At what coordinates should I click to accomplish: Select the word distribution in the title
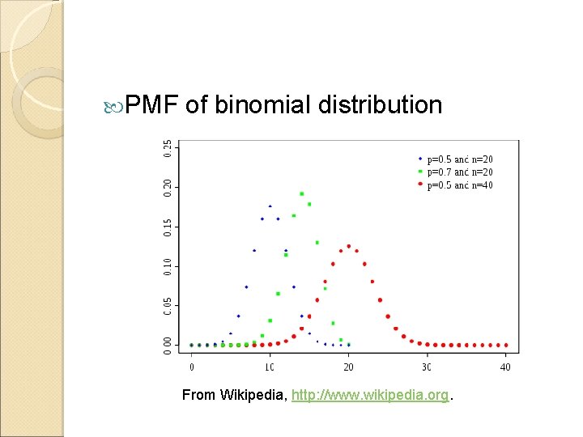tap(381, 105)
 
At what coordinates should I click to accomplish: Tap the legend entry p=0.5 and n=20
tap(460, 159)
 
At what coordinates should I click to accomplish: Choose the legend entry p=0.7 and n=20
tap(460, 172)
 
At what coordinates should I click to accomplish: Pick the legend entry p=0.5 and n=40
tap(460, 185)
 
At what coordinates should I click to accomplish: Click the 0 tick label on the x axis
tap(192, 367)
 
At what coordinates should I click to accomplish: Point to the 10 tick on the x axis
tap(270, 367)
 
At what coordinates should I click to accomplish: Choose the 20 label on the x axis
tap(348, 367)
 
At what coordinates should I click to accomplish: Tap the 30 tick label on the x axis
tap(427, 367)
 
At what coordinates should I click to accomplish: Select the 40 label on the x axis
tap(505, 367)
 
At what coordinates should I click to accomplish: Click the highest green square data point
tap(302, 193)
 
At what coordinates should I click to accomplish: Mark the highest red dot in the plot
tap(349, 246)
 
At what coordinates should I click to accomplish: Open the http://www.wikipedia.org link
tap(370, 396)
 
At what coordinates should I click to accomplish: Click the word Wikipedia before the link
tap(249, 396)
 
